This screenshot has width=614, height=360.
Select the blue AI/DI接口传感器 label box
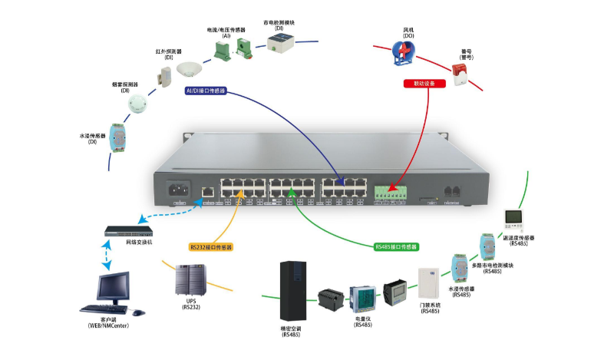click(206, 91)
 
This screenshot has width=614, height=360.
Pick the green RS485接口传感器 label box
click(395, 247)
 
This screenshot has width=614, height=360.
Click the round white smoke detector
click(137, 104)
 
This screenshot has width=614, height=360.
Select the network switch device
click(130, 230)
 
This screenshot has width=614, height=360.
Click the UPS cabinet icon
click(190, 279)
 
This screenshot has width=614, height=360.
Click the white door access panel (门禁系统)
click(428, 283)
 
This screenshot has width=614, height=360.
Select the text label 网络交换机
click(139, 242)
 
